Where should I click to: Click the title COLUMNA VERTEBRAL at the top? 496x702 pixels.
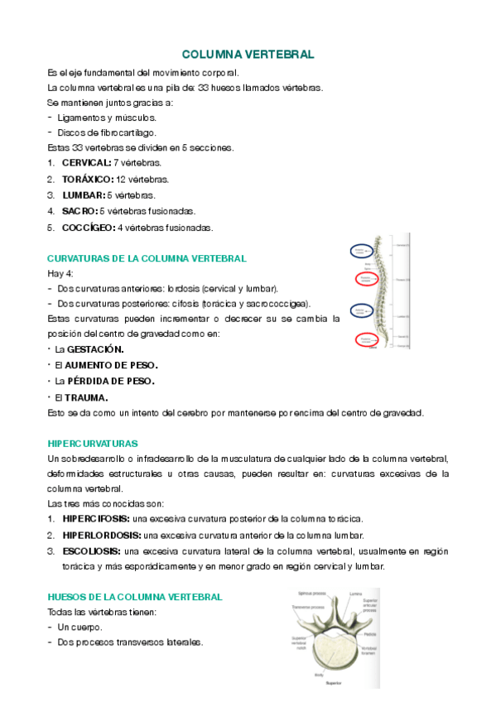coord(248,55)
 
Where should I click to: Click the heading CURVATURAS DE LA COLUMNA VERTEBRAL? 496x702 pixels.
coord(147,258)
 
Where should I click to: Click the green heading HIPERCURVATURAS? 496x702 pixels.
coord(93,444)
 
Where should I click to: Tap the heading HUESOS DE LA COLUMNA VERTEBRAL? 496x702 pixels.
coord(135,597)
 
